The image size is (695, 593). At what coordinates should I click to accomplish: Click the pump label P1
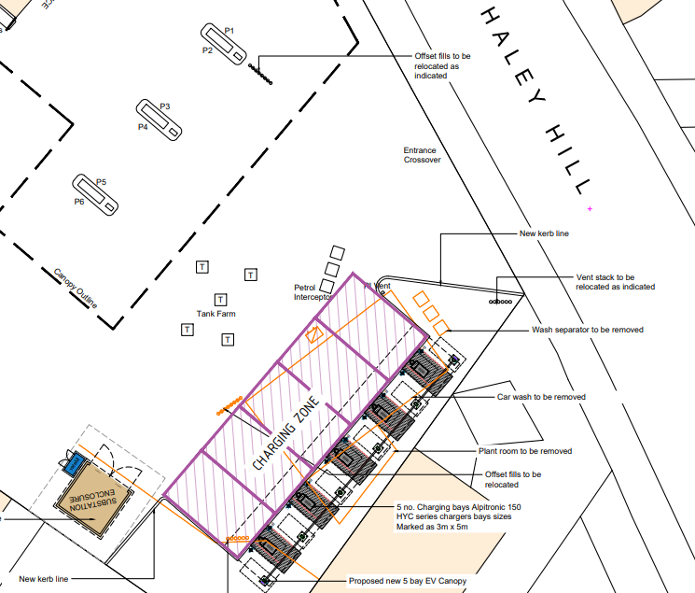point(229,31)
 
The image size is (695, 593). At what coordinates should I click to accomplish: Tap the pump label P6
point(79,201)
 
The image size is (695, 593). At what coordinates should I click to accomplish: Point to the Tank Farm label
point(215,315)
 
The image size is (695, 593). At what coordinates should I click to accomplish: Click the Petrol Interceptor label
point(313,292)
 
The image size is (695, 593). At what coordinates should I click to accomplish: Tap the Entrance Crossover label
point(422,154)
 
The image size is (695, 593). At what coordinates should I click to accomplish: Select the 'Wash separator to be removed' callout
point(587,330)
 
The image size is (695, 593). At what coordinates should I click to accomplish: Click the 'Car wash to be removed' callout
point(541,397)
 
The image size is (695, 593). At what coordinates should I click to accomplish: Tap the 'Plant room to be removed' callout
point(525,451)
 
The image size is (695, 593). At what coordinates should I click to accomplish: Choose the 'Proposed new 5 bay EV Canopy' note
point(407,581)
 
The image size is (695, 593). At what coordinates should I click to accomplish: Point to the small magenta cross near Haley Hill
point(590,207)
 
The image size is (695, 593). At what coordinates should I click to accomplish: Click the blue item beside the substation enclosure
point(73,464)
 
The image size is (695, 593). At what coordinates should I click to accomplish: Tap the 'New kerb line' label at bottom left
point(44,579)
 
